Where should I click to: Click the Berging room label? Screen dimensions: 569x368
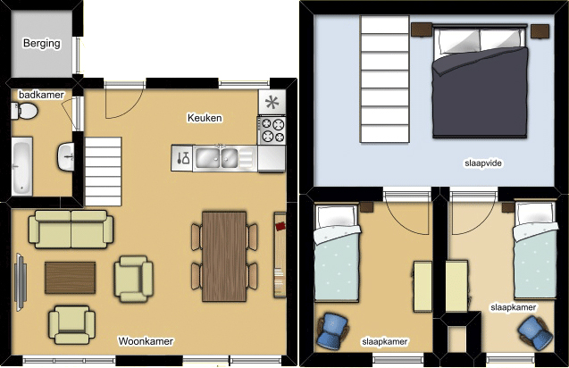[x=42, y=43]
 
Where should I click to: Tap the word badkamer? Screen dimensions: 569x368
[x=41, y=95]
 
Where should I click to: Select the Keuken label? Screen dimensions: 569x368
[x=205, y=118]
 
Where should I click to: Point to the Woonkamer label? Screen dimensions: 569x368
[x=146, y=341]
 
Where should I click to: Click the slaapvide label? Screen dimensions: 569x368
[x=483, y=163]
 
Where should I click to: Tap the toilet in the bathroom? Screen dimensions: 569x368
[x=24, y=111]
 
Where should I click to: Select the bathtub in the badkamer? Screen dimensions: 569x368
[x=21, y=166]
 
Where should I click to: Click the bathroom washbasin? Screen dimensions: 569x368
[x=66, y=157]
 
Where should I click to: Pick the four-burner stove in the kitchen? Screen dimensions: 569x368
[x=272, y=130]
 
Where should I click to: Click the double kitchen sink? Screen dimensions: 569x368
[x=216, y=158]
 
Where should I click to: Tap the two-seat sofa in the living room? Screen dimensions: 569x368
[x=71, y=230]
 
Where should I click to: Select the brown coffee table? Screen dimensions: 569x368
[x=71, y=278]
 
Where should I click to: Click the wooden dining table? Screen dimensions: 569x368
[x=224, y=256]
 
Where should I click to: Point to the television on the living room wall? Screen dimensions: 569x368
[x=20, y=282]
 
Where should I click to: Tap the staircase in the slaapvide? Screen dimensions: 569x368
[x=385, y=79]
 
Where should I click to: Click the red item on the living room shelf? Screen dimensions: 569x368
[x=280, y=227]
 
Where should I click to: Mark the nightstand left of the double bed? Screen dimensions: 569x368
[x=422, y=29]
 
